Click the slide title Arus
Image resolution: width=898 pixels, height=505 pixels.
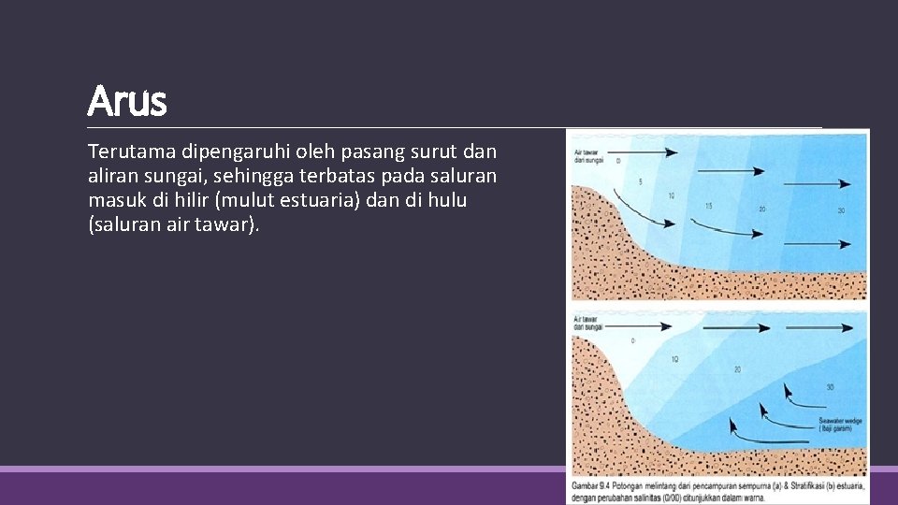pos(127,101)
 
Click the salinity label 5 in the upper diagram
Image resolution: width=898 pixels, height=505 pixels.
pos(639,180)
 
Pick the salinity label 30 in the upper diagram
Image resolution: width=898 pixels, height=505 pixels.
pos(841,211)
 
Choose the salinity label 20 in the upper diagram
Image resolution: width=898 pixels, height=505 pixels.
pos(762,209)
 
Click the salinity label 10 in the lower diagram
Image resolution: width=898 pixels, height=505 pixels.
pos(674,359)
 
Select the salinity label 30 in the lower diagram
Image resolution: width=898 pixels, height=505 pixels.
pos(830,387)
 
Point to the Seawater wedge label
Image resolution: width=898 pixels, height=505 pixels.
pos(840,425)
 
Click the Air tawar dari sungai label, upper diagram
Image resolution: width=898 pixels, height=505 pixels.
pos(587,155)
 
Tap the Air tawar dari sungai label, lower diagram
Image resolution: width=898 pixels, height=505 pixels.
pos(588,324)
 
